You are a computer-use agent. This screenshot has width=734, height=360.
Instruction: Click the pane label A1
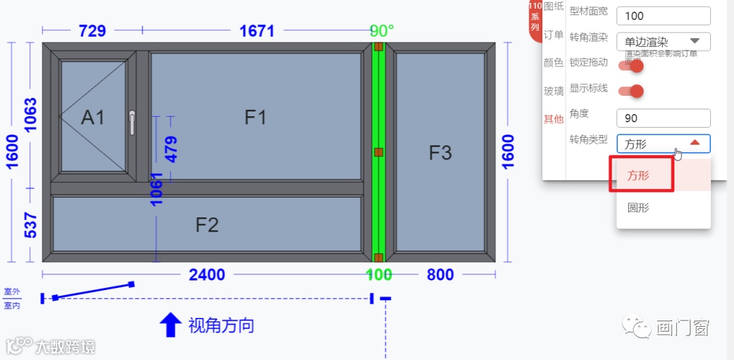[93, 118]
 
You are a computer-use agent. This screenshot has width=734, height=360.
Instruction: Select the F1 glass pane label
[256, 118]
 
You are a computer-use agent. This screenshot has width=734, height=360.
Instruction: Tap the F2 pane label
[207, 224]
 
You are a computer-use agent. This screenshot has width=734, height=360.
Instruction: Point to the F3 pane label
[440, 153]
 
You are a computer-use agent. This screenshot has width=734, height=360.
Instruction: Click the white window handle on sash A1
[132, 122]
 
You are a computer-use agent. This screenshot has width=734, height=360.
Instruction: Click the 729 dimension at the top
[92, 31]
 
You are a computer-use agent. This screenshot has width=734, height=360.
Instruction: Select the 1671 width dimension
[257, 31]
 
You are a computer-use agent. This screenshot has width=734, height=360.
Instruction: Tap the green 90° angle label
[382, 31]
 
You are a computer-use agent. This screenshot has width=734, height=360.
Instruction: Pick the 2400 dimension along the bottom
[207, 275]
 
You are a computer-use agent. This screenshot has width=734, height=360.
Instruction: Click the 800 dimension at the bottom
[440, 275]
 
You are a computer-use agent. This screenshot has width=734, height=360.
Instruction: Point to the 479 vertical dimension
[171, 149]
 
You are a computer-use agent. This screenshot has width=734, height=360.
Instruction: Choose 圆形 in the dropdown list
[638, 208]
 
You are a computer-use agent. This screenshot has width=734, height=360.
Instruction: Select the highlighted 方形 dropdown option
[638, 175]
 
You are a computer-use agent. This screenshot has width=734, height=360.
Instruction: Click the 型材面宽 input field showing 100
[663, 16]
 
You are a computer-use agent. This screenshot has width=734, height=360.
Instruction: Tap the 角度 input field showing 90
[663, 118]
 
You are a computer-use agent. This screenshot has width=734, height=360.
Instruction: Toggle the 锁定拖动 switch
[631, 65]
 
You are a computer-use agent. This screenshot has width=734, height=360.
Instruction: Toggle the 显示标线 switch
[631, 91]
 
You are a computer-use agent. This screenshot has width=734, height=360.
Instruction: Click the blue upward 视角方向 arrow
[170, 325]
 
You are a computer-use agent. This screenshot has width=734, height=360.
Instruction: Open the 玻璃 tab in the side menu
[553, 91]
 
